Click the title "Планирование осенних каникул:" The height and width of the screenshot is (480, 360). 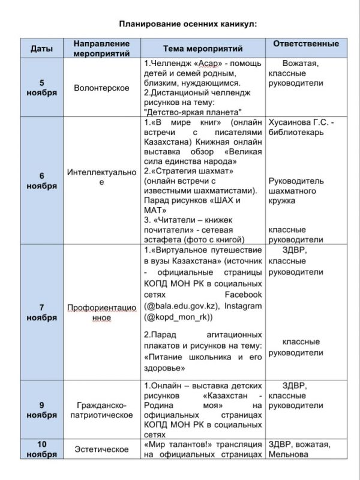(179, 24)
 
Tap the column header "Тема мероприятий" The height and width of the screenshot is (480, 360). (203, 49)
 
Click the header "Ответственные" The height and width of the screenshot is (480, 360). (306, 44)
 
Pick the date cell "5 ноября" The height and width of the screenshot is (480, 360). (41, 88)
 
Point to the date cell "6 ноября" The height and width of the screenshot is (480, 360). (41, 181)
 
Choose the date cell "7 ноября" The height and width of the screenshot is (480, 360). (41, 312)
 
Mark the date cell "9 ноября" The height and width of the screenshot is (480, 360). (41, 410)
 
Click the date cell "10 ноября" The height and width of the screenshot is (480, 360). (41, 448)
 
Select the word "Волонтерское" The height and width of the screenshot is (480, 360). (101, 88)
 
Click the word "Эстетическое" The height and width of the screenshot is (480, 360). (101, 448)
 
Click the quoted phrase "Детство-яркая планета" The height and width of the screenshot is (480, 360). (193, 112)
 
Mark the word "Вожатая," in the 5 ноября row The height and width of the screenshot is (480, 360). (301, 62)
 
